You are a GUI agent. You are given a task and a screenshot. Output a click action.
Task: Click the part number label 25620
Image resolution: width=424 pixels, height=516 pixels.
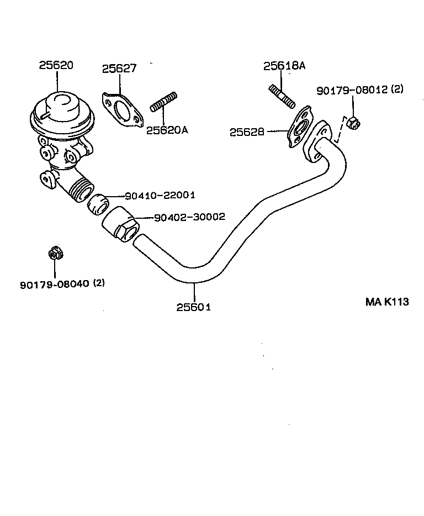click(x=56, y=65)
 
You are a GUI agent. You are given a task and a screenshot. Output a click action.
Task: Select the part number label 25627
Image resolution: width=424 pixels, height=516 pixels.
click(x=119, y=69)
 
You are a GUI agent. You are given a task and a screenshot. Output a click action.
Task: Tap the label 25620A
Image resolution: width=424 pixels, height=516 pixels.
click(x=167, y=130)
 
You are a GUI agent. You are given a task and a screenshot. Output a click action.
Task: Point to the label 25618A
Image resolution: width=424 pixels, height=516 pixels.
click(x=284, y=66)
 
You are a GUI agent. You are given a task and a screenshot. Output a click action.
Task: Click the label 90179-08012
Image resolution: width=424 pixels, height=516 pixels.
click(x=352, y=90)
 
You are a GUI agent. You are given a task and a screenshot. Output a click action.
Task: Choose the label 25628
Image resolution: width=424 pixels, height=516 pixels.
click(x=247, y=133)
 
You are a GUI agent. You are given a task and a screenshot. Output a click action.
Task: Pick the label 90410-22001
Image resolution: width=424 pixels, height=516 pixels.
click(x=160, y=196)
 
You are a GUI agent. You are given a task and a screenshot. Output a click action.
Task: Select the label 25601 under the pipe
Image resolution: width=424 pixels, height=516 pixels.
click(x=193, y=307)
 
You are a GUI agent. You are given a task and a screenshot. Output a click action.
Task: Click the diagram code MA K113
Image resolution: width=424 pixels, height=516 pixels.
click(x=387, y=302)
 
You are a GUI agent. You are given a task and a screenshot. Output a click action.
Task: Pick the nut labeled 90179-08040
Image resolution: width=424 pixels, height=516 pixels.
click(x=55, y=254)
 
